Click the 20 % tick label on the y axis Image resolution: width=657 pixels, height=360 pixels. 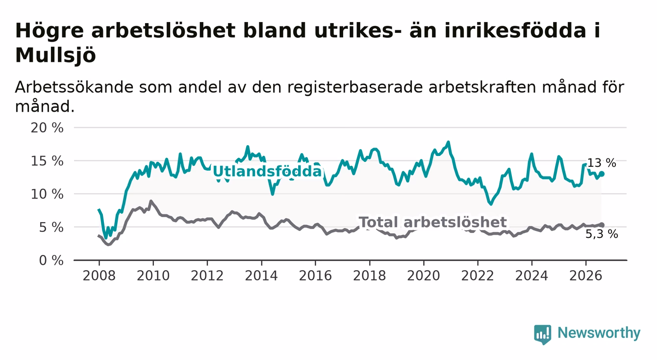[47, 128]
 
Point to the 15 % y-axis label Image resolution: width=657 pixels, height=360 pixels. [47, 161]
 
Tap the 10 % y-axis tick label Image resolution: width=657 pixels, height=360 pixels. [47, 194]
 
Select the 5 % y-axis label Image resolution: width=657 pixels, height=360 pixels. [51, 228]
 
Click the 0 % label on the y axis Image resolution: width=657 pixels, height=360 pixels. [51, 260]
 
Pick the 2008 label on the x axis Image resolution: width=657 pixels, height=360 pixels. [99, 276]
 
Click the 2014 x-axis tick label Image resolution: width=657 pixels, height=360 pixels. [261, 276]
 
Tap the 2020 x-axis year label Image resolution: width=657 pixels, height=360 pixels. [424, 276]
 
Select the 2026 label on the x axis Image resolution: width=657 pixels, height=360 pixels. [586, 276]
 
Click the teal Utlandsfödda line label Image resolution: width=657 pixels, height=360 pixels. [267, 171]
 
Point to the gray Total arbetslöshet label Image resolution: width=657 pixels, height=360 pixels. [433, 222]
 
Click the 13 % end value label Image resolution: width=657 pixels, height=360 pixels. [602, 163]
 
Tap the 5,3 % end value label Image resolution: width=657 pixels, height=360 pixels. [602, 234]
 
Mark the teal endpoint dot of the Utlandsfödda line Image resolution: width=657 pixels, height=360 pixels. [602, 174]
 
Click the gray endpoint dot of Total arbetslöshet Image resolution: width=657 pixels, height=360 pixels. [602, 225]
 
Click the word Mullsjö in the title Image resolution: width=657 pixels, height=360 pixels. [55, 55]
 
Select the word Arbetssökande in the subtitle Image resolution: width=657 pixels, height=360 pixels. [74, 87]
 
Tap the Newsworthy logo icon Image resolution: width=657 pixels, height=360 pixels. [543, 334]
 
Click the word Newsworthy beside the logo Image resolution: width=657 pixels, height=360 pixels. [599, 333]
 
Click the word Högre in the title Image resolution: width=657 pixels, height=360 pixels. [50, 31]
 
